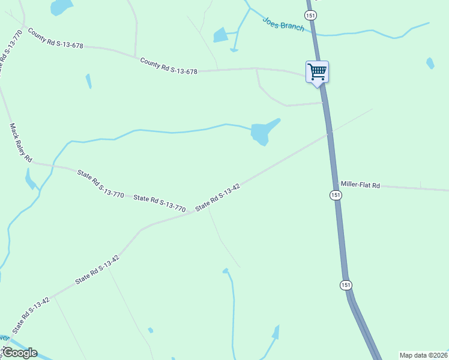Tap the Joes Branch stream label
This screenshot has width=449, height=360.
tap(283, 24)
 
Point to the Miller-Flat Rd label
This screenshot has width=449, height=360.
tap(360, 185)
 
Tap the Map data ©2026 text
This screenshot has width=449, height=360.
tap(423, 355)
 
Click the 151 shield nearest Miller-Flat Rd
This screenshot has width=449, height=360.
tap(336, 196)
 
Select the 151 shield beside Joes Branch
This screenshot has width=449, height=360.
tap(310, 15)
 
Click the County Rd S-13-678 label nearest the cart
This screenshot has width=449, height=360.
tap(169, 67)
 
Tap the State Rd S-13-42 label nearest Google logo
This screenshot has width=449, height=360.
tap(29, 316)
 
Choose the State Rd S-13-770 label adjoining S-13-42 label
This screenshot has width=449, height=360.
tap(160, 203)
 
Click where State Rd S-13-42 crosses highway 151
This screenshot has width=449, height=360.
tap(328, 134)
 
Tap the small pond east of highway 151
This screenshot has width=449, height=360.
tap(430, 63)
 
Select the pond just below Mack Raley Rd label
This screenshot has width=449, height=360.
tap(30, 179)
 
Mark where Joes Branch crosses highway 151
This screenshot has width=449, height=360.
tap(313, 32)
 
